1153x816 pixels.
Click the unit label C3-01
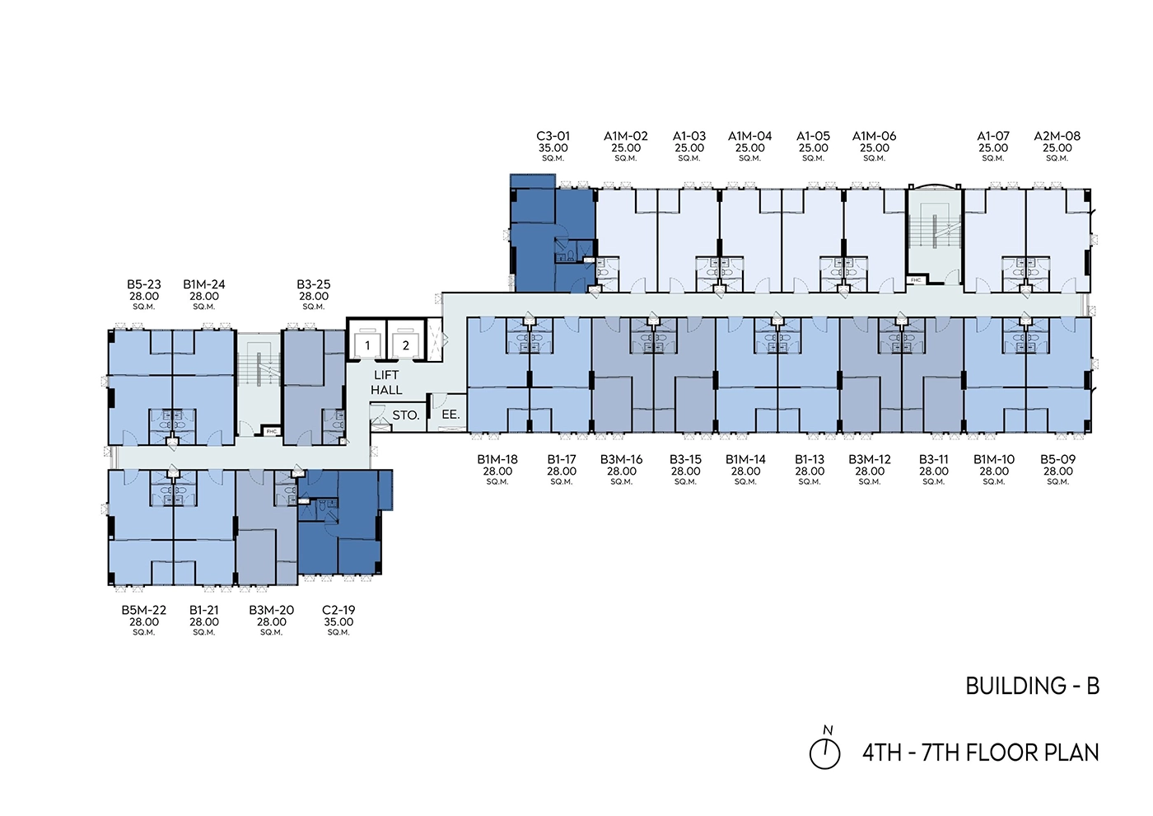click(553, 136)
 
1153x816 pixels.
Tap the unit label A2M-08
click(1057, 136)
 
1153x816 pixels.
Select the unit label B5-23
click(144, 284)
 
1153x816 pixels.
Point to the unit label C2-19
click(338, 611)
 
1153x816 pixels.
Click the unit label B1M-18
click(497, 460)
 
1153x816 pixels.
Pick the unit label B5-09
click(1057, 460)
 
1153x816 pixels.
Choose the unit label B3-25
click(314, 284)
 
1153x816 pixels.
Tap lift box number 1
click(367, 345)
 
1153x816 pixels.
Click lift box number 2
click(405, 345)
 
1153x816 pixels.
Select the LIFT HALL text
click(386, 382)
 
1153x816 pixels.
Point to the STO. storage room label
click(406, 415)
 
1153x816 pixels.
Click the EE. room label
click(450, 415)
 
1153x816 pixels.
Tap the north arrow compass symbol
click(824, 752)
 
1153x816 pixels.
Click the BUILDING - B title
click(1032, 686)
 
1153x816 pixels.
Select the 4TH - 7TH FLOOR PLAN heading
click(980, 753)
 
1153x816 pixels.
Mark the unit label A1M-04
click(749, 136)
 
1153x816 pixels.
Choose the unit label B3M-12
click(870, 460)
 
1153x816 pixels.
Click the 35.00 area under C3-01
click(553, 148)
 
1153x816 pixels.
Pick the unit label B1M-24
click(204, 284)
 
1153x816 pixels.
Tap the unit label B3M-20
click(271, 611)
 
